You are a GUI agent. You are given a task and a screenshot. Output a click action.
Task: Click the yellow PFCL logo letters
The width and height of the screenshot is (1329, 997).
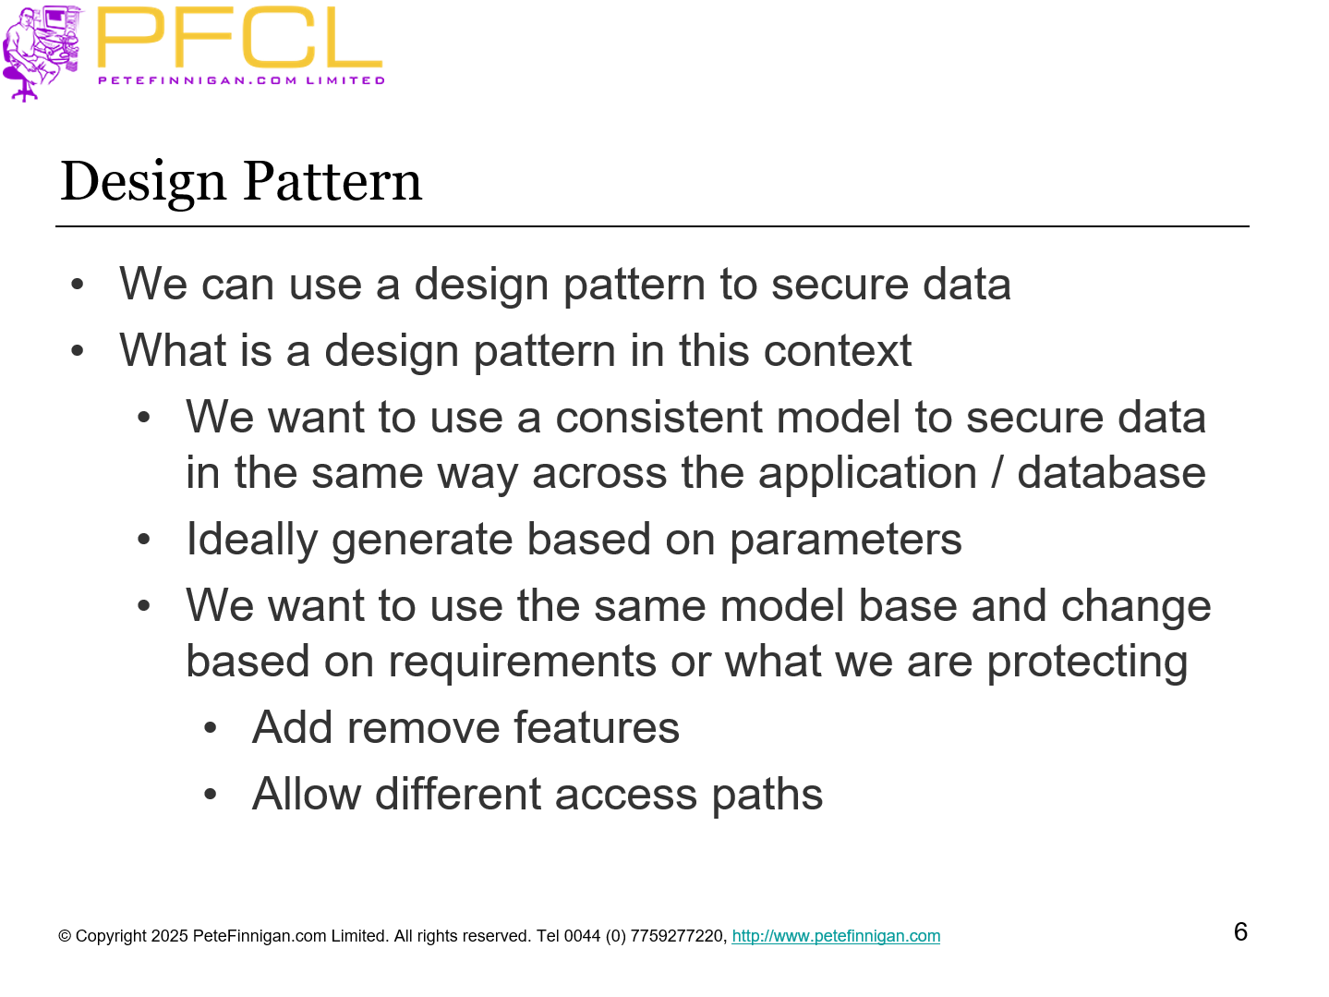coord(239,39)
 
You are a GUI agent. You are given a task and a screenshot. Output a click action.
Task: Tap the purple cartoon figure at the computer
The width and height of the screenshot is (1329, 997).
coord(42,51)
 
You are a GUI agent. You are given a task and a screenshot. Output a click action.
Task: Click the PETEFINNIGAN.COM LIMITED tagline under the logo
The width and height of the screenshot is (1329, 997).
coord(241,80)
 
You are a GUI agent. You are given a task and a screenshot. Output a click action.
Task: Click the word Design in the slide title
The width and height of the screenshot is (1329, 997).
coord(142,182)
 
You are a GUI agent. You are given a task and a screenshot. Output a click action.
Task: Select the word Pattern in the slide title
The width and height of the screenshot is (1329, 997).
coord(332,182)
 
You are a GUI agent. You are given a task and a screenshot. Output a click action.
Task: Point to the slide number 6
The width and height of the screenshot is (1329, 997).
coord(1240,931)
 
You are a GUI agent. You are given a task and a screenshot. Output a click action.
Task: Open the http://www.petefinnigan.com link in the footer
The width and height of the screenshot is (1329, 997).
coord(836,936)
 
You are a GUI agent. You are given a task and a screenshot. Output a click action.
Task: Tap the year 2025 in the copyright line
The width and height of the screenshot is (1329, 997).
coord(169,936)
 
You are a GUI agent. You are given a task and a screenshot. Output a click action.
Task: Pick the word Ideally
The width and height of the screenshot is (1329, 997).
coord(251,541)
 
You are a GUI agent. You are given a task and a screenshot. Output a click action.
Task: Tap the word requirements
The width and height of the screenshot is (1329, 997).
coord(522,662)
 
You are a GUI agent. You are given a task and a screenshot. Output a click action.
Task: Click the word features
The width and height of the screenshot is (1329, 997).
coord(596,728)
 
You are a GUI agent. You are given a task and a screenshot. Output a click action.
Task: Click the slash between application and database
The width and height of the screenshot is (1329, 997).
coord(997,473)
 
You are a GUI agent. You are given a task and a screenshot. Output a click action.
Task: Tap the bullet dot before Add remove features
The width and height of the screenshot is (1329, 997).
coord(211,729)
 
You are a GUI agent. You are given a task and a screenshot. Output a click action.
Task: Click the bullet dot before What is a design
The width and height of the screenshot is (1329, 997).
coord(78,351)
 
